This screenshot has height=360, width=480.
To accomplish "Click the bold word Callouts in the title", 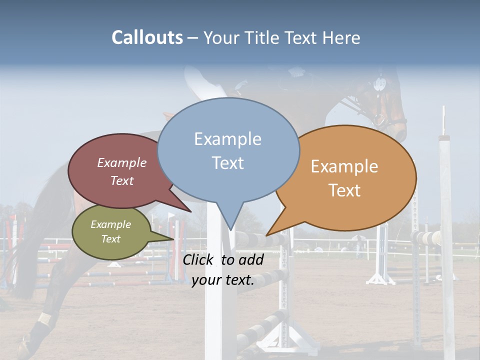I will tap(147, 37).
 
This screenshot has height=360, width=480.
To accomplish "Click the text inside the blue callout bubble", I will tap(227, 150).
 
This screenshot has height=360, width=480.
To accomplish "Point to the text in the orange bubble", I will tap(344, 178).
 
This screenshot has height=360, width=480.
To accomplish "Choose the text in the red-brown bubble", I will tap(122, 171).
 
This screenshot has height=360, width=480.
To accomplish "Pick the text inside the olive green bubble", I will tap(110, 231).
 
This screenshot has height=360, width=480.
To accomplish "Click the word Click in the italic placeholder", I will tap(199, 259).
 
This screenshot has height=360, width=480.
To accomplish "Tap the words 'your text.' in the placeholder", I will tap(223, 280).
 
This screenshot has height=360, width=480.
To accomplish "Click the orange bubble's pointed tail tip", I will tap(267, 235).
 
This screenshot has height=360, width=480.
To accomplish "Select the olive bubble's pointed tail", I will tap(172, 236).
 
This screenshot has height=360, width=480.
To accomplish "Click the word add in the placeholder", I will tap(251, 259).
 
